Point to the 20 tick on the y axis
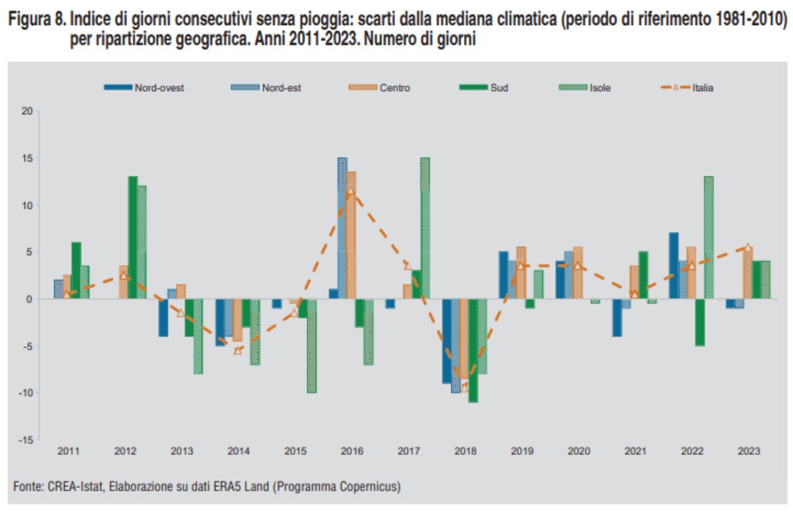[x=26, y=111]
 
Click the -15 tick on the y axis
[x=25, y=440]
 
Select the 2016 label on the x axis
[x=352, y=452]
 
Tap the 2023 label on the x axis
[x=748, y=452]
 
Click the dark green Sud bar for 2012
[x=133, y=237]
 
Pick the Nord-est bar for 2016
[x=342, y=228]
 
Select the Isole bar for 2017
[x=425, y=228]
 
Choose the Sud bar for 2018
[x=473, y=350]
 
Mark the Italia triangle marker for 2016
[x=351, y=192]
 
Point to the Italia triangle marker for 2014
[x=238, y=350]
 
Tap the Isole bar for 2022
[x=709, y=237]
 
